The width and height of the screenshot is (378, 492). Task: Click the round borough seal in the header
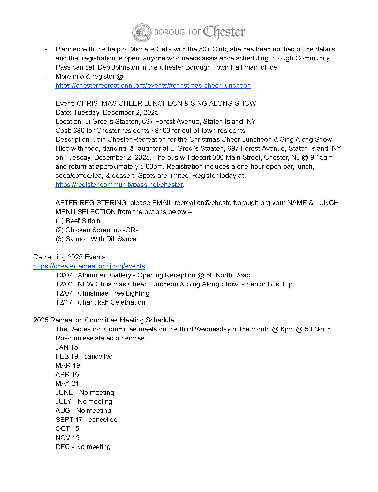pyautogui.click(x=142, y=33)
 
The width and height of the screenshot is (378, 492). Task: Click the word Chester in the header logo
pyautogui.click(x=224, y=32)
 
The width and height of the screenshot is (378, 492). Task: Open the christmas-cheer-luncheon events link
pyautogui.click(x=153, y=86)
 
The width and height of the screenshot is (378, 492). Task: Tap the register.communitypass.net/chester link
pyautogui.click(x=119, y=185)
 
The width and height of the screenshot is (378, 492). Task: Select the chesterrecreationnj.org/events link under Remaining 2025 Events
pyautogui.click(x=89, y=266)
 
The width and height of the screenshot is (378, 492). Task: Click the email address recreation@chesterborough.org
pyautogui.click(x=222, y=203)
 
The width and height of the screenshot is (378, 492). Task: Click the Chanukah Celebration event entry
pyautogui.click(x=111, y=302)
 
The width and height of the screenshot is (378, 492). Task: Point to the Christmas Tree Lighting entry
pyautogui.click(x=114, y=293)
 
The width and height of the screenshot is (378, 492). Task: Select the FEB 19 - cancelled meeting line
pyautogui.click(x=84, y=357)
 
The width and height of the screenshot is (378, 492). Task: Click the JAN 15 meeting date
pyautogui.click(x=67, y=347)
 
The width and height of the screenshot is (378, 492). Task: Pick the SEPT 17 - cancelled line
pyautogui.click(x=86, y=420)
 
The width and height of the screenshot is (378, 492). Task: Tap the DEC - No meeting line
pyautogui.click(x=83, y=447)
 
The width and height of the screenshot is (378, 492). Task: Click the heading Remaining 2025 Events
pyautogui.click(x=69, y=257)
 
